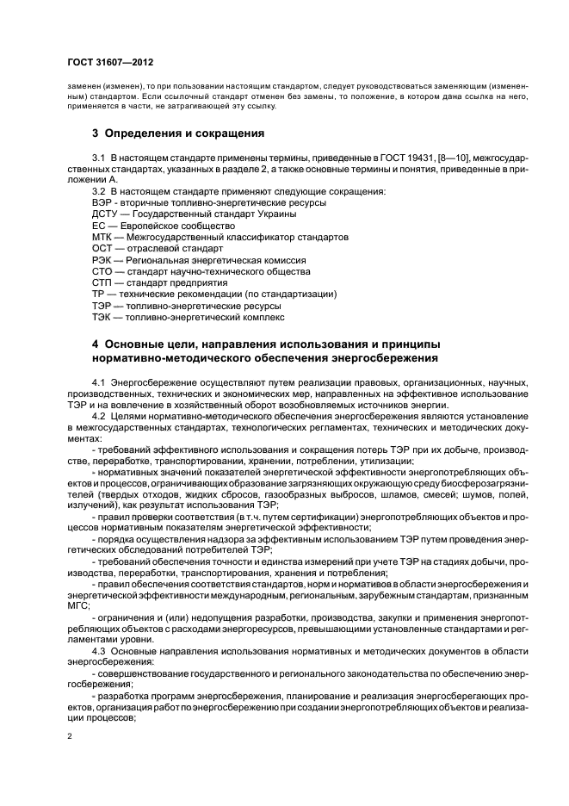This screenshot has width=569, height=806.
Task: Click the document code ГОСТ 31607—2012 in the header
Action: (x=110, y=63)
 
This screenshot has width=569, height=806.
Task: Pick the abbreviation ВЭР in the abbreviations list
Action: (x=101, y=201)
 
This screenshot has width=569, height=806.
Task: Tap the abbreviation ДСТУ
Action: (x=105, y=213)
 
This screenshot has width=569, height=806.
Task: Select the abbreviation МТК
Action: (x=102, y=236)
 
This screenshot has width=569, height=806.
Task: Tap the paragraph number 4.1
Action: (x=99, y=381)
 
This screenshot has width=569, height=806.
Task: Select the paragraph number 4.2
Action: (x=99, y=415)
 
